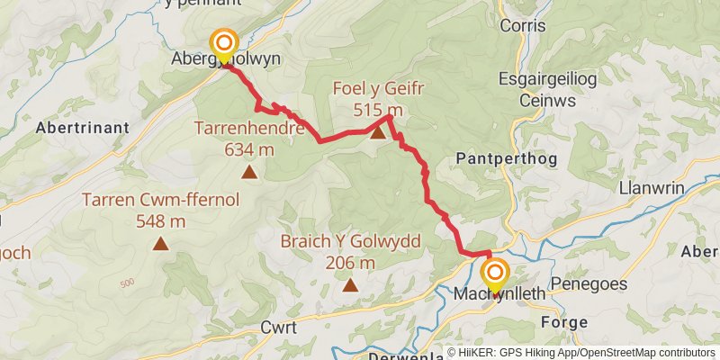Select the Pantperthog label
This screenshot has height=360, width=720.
pyautogui.click(x=507, y=158)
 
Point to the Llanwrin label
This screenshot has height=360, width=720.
pyautogui.click(x=652, y=188)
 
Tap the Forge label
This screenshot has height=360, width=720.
pyautogui.click(x=564, y=322)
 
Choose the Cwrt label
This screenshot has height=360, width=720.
pyautogui.click(x=278, y=328)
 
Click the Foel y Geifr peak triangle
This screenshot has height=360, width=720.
pyautogui.click(x=377, y=133)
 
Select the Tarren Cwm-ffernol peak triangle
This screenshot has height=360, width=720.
pyautogui.click(x=160, y=242)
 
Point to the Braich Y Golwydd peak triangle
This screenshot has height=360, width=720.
pyautogui.click(x=350, y=285)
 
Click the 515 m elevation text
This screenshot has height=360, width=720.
pyautogui.click(x=377, y=110)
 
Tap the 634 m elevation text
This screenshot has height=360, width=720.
pyautogui.click(x=249, y=148)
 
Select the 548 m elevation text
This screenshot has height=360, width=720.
pyautogui.click(x=160, y=220)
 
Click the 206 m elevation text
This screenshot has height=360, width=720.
pyautogui.click(x=350, y=263)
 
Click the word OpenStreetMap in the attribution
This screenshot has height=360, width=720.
pyautogui.click(x=602, y=353)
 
